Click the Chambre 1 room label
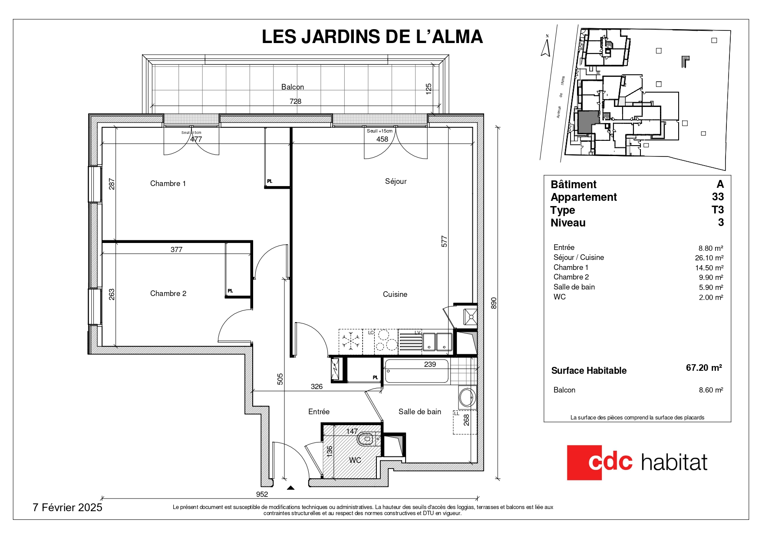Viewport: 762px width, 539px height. click(168, 183)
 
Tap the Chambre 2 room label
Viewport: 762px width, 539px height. click(168, 293)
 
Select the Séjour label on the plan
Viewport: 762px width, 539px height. click(396, 181)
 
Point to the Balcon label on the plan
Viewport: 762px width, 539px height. click(293, 87)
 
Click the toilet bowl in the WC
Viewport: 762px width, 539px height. click(366, 439)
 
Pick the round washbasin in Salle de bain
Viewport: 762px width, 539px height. click(467, 397)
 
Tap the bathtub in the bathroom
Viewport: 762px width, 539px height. click(416, 371)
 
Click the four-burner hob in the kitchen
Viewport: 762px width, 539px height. click(386, 340)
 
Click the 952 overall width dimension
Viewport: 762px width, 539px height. click(262, 494)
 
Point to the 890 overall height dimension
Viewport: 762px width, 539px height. click(494, 303)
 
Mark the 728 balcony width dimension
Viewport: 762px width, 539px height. click(295, 101)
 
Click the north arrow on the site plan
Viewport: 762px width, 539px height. click(546, 46)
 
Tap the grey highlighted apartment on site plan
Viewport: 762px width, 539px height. click(588, 122)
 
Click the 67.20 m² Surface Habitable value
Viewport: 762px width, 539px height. click(704, 368)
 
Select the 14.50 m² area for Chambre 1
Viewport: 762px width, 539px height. click(709, 268)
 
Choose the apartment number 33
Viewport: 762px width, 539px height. click(718, 197)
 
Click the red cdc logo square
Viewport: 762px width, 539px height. click(584, 462)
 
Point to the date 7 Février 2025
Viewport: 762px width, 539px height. click(67, 507)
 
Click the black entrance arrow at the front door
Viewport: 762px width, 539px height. click(290, 488)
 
